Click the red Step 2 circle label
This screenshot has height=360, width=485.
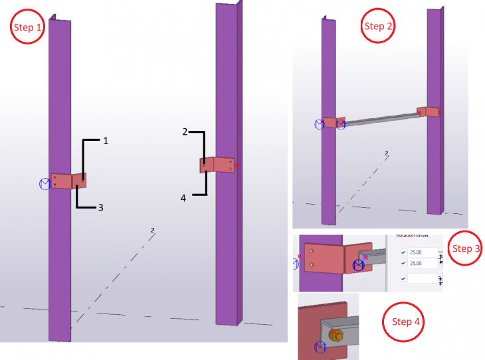coord(379,26)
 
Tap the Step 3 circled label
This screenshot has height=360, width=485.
coord(465,248)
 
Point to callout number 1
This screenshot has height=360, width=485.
coord(104,140)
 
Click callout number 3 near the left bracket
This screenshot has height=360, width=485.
coord(100,207)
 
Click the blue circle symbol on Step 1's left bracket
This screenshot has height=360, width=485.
coord(46,184)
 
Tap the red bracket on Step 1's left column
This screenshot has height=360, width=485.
coord(68,181)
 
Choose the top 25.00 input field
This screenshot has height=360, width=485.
coord(423,252)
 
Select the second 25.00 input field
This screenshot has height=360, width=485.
coord(423,263)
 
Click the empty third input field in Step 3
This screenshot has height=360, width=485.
coord(423,278)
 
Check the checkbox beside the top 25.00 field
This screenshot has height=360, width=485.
coord(403,252)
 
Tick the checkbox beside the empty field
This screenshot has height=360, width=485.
coord(403,278)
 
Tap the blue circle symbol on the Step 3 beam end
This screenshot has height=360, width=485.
coord(359,266)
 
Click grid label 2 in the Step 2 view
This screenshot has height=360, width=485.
coord(387,153)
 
